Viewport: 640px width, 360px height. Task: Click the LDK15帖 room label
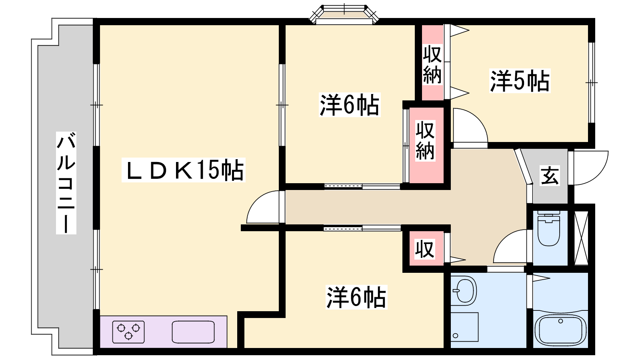tap(184, 170)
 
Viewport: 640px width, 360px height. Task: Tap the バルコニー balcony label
tap(66, 183)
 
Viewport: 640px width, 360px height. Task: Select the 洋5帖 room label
tap(520, 81)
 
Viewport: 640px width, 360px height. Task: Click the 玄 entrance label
tap(550, 176)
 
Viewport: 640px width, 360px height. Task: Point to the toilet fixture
tap(548, 228)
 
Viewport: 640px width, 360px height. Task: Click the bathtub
tap(560, 330)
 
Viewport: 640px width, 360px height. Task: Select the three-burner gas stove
tap(128, 332)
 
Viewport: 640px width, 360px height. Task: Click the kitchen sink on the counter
tap(193, 332)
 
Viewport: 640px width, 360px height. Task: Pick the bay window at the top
tap(344, 14)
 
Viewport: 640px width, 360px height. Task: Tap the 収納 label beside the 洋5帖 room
tap(432, 64)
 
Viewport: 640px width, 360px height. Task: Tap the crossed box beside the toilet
tap(581, 238)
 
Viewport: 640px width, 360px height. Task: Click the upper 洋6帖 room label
tap(350, 104)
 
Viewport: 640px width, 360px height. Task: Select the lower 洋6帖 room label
tap(356, 297)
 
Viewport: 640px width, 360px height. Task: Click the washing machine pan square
tap(464, 327)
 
